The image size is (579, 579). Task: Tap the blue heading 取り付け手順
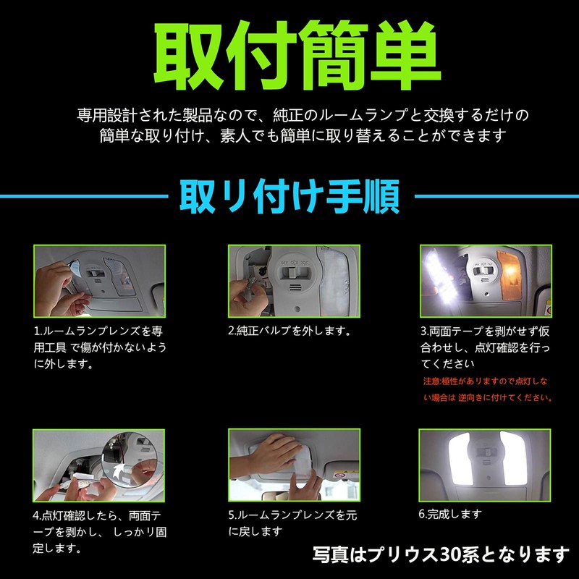(289, 195)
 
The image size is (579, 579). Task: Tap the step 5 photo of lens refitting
(289, 467)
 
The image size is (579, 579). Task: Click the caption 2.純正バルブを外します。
(289, 331)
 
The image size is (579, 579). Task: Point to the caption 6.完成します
(450, 515)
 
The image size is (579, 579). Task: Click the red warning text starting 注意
(486, 389)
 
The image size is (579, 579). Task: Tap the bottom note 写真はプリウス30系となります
(441, 555)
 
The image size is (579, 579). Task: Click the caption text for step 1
(101, 347)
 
